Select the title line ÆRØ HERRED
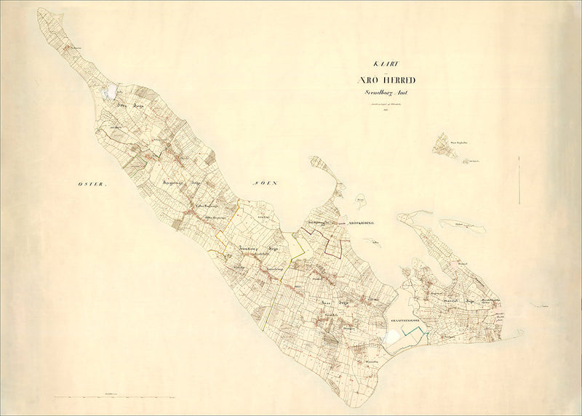point(386,81)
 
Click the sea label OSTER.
point(92,186)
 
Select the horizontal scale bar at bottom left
point(116,397)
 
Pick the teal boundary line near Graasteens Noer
point(415,332)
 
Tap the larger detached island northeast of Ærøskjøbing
point(445,145)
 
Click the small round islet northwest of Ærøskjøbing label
point(359,197)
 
